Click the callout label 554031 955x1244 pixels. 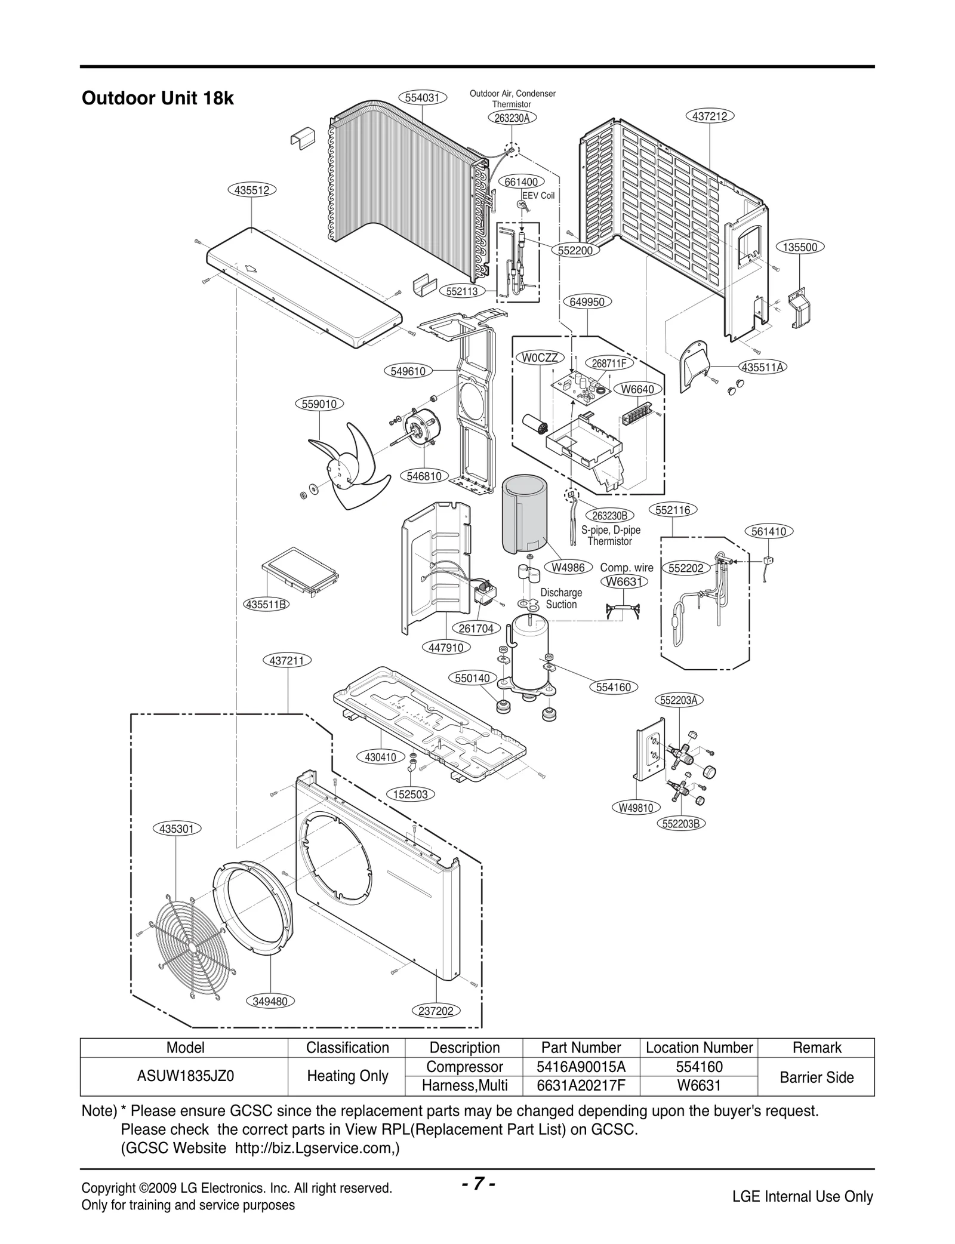click(x=423, y=98)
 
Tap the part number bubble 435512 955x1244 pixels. click(x=251, y=190)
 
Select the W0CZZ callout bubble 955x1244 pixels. click(x=540, y=358)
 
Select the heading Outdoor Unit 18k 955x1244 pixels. click(x=158, y=98)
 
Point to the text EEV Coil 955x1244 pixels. click(x=538, y=196)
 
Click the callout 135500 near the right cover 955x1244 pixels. click(x=800, y=247)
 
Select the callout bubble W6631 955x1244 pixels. click(x=624, y=581)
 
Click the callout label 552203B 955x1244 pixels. click(x=681, y=823)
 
